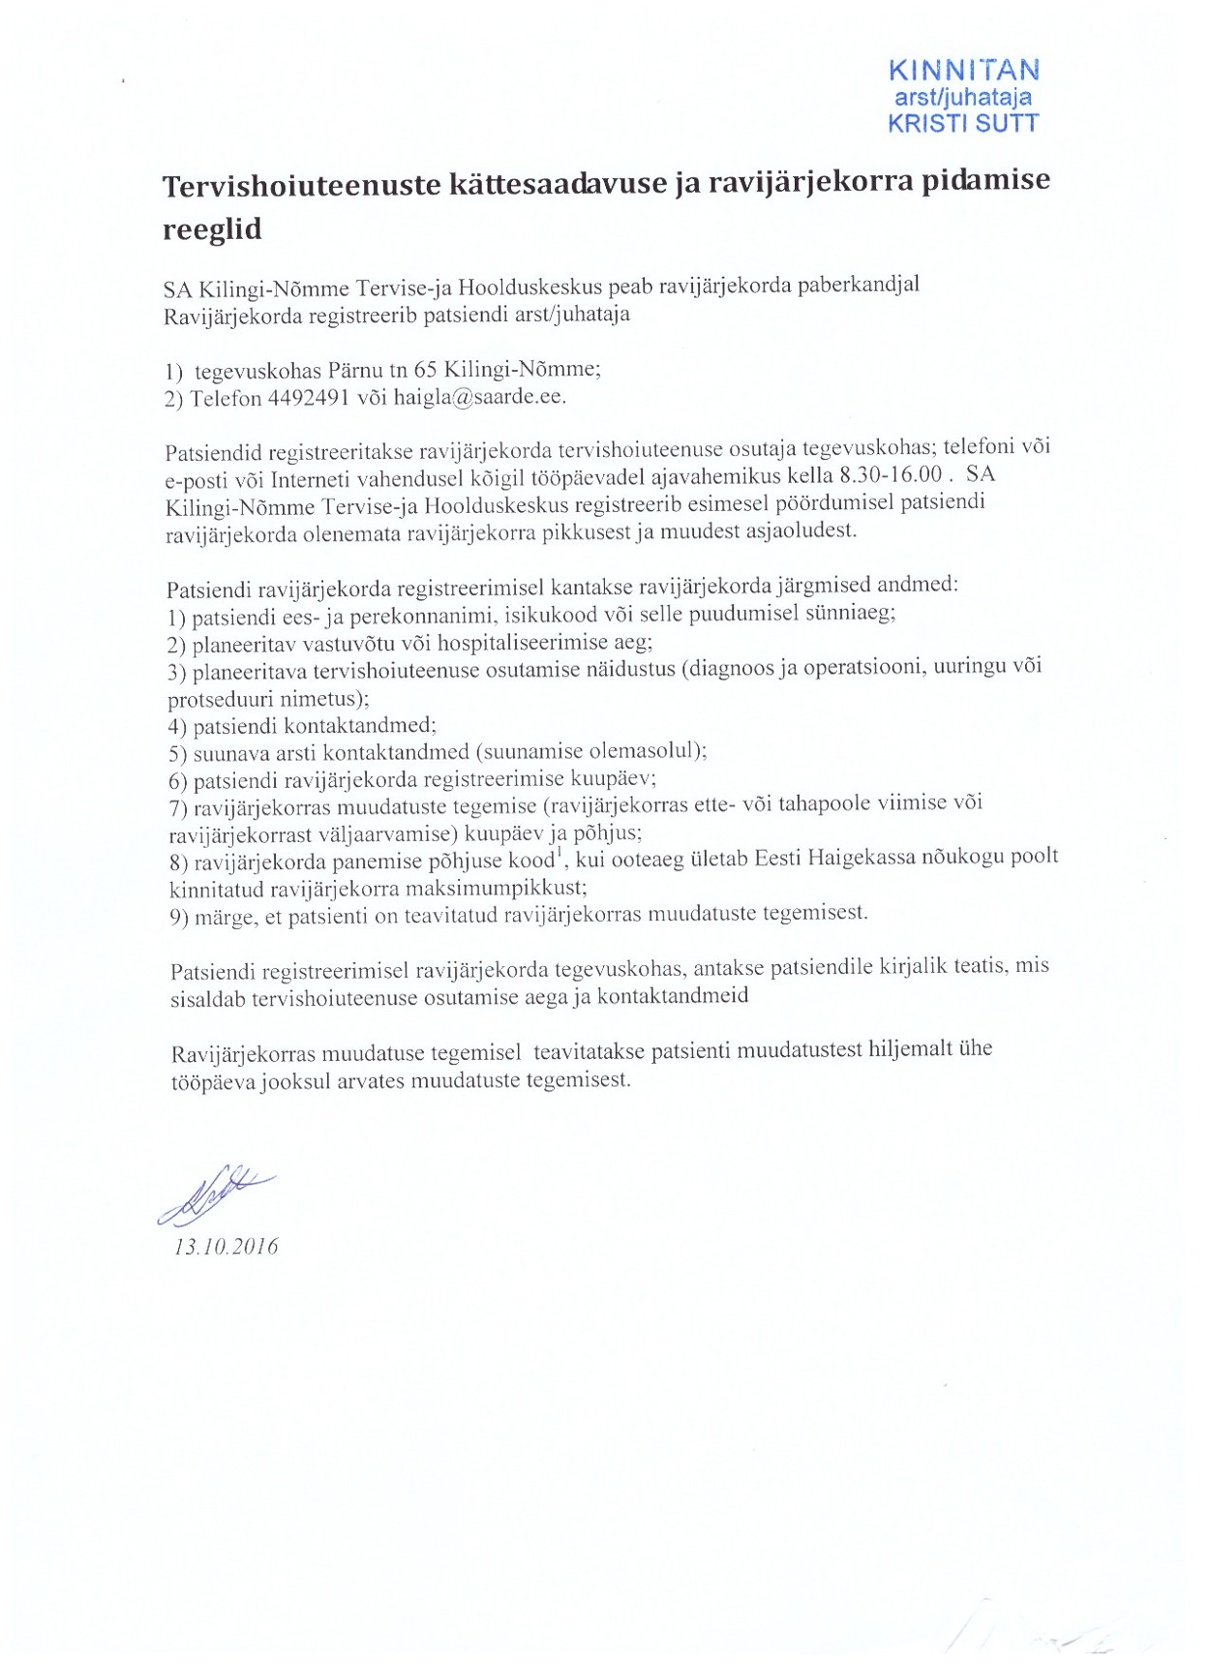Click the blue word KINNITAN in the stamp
click(x=963, y=71)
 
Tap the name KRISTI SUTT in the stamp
click(x=963, y=123)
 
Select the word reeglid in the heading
click(x=212, y=229)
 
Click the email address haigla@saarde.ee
click(x=479, y=397)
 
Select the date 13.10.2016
click(x=226, y=1247)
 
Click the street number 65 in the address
click(x=426, y=369)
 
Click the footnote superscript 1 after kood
click(x=558, y=854)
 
